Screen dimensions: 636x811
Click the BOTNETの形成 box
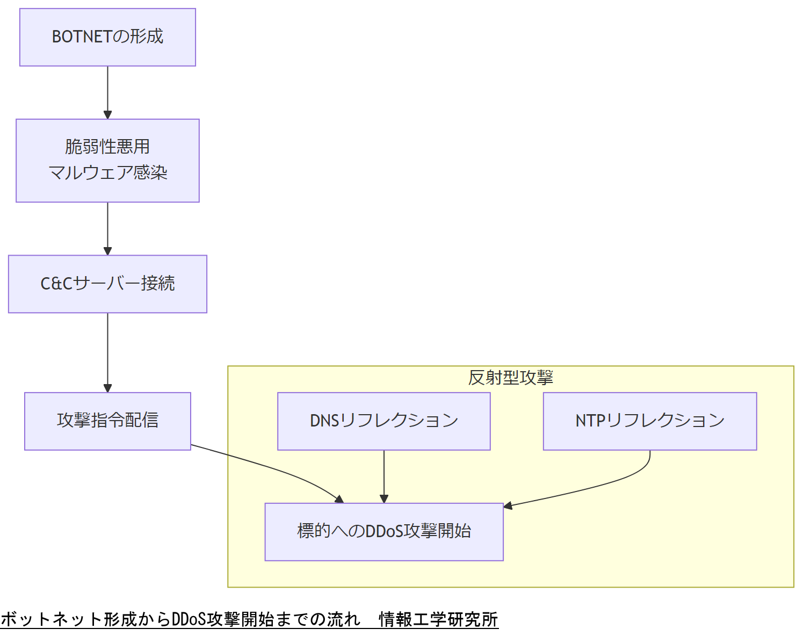pyautogui.click(x=107, y=37)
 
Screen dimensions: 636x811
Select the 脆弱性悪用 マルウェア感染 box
pyautogui.click(x=107, y=161)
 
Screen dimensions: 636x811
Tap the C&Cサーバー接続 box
pyautogui.click(x=107, y=284)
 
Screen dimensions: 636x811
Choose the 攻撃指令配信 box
pyautogui.click(x=107, y=421)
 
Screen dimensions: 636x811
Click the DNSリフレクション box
pyautogui.click(x=383, y=421)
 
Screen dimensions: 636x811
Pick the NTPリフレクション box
pyautogui.click(x=649, y=421)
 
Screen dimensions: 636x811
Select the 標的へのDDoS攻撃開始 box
pyautogui.click(x=383, y=531)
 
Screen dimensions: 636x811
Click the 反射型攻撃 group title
pyautogui.click(x=510, y=378)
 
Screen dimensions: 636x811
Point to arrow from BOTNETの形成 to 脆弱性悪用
pyautogui.click(x=107, y=91)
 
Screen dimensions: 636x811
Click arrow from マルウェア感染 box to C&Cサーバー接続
pyautogui.click(x=107, y=228)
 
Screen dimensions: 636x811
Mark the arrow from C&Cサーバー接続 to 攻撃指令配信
pyautogui.click(x=107, y=352)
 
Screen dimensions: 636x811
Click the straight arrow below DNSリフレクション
pyautogui.click(x=383, y=476)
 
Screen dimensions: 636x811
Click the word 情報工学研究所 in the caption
pyautogui.click(x=438, y=619)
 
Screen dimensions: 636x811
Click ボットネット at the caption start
pyautogui.click(x=52, y=619)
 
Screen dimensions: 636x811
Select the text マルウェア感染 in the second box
pyautogui.click(x=107, y=173)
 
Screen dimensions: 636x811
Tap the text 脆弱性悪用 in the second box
pyautogui.click(x=107, y=147)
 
